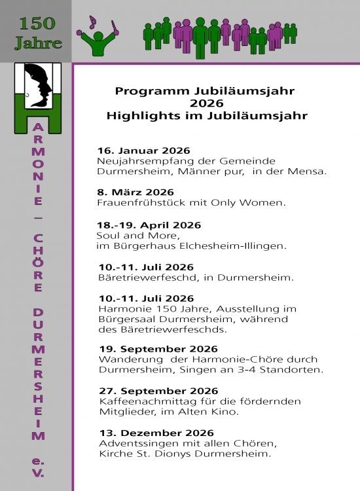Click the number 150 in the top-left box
pyautogui.click(x=37, y=24)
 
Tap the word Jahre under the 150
pyautogui.click(x=39, y=45)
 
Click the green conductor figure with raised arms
pyautogui.click(x=99, y=41)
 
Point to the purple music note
pyautogui.click(x=92, y=22)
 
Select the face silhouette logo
pyautogui.click(x=37, y=86)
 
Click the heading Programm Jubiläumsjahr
pyautogui.click(x=205, y=91)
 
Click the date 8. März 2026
pyautogui.click(x=135, y=192)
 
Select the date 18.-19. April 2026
pyautogui.click(x=149, y=225)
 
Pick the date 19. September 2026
pyautogui.click(x=158, y=349)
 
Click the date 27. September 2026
pyautogui.click(x=158, y=391)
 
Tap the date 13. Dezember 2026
pyautogui.click(x=156, y=433)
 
